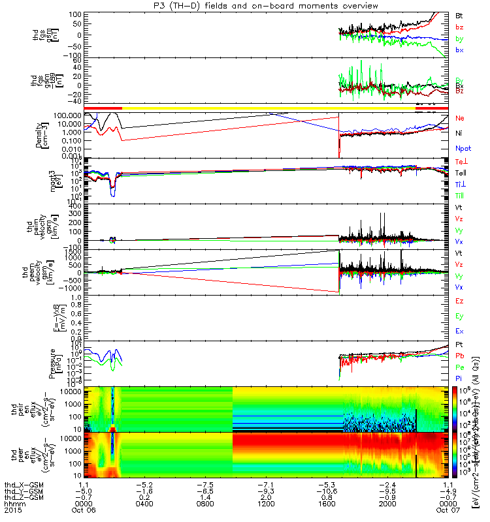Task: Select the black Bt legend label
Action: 459,14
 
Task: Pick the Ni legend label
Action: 459,133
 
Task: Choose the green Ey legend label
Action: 459,316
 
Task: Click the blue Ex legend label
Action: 459,331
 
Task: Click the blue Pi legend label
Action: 459,378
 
